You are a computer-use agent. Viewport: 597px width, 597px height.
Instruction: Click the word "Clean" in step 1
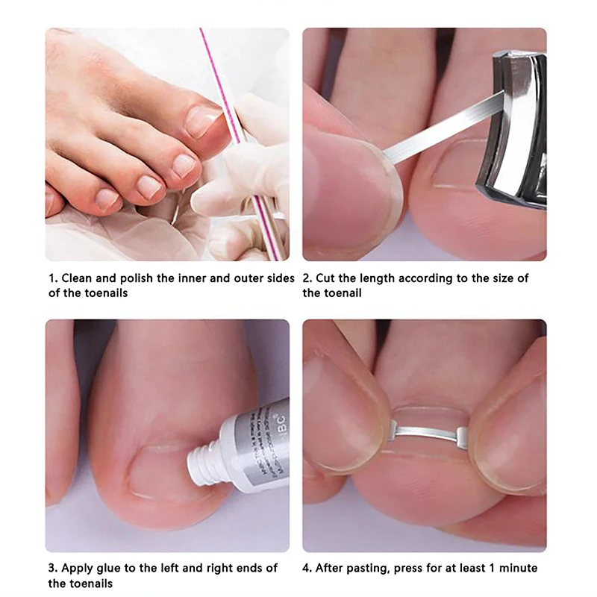pos(78,278)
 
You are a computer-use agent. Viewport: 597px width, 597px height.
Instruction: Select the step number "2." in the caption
pos(308,278)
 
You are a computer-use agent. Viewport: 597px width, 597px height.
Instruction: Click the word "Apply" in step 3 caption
pos(78,569)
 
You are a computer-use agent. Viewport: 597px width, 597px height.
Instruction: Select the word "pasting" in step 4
pos(370,569)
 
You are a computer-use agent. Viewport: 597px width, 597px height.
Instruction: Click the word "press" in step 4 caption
pos(410,569)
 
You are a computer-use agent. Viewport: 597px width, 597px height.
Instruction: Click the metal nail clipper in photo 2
pos(515,127)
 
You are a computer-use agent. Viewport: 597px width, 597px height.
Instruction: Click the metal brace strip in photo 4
pos(428,431)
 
